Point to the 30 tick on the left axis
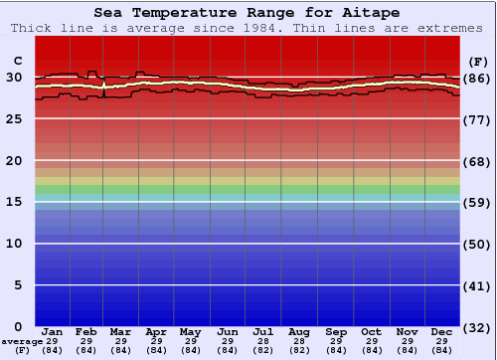[x=14, y=77]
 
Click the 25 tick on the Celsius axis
[x=14, y=118]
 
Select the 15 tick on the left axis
[x=14, y=202]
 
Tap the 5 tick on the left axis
[x=18, y=284]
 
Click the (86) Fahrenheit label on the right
[x=477, y=78]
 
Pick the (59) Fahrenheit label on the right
[x=477, y=203]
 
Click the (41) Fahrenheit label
[x=477, y=286]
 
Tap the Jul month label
[x=263, y=332]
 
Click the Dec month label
[x=442, y=332]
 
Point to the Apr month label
[x=156, y=332]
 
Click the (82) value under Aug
[x=299, y=350]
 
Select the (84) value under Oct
[x=371, y=350]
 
